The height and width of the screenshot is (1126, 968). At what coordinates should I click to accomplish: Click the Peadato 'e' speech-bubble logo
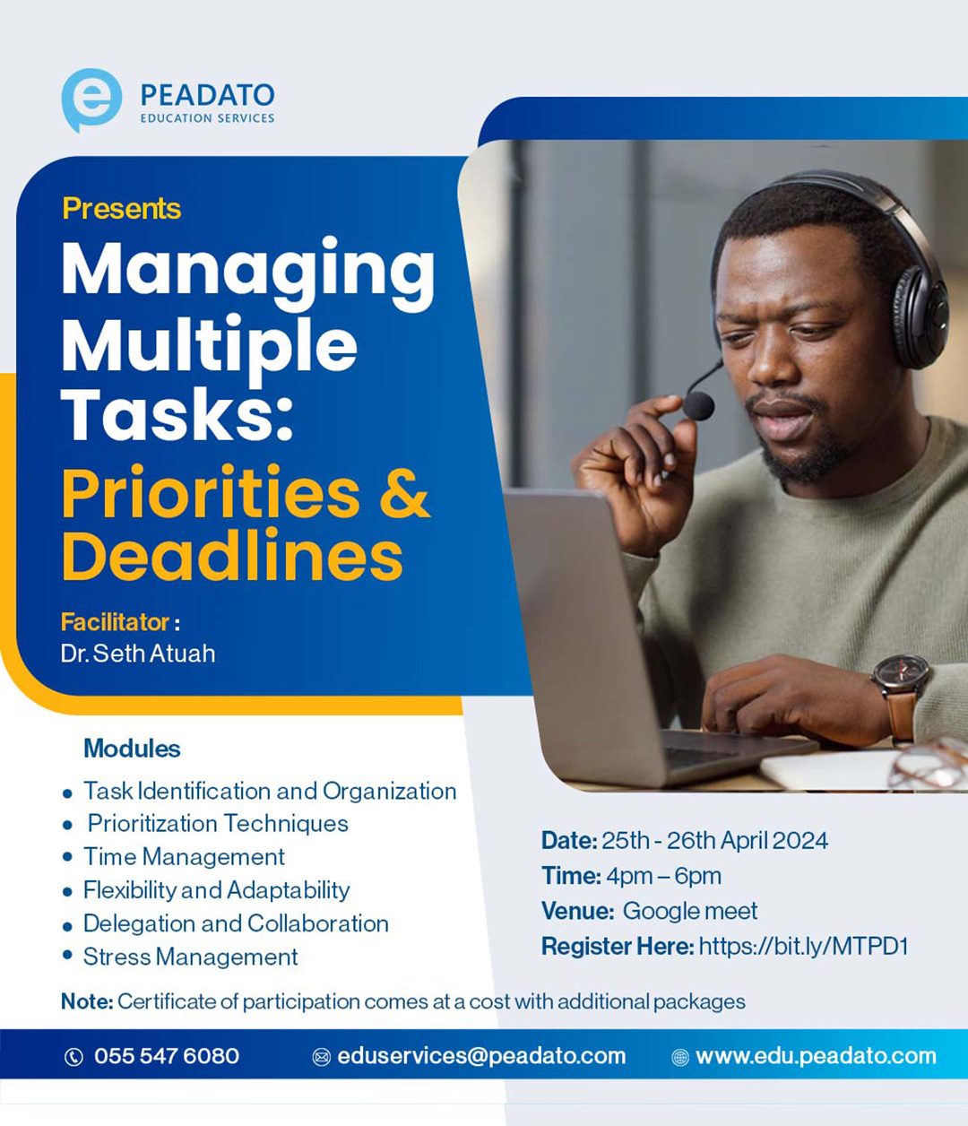pos(91,100)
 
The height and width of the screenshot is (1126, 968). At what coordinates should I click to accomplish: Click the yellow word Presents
pos(122,208)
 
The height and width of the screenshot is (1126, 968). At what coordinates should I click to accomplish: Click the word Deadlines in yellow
pos(233,556)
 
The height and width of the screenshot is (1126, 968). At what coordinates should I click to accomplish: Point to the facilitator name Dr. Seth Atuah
pos(138,654)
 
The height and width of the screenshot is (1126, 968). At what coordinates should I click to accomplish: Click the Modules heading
pos(132,749)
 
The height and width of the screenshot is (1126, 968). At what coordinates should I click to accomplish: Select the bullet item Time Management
pos(184,857)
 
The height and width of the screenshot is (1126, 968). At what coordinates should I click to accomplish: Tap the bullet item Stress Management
pos(190,957)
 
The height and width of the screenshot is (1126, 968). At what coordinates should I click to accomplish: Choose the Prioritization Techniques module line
pos(218,824)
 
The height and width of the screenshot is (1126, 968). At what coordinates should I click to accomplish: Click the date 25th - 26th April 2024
pos(714,841)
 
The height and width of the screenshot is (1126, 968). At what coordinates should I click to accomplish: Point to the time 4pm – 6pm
pos(663,876)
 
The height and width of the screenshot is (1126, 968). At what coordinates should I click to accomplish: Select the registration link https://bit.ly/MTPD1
pos(803,946)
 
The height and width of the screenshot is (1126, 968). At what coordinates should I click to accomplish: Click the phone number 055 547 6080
pos(167,1056)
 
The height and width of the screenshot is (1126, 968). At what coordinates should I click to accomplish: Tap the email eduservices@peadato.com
pos(481,1056)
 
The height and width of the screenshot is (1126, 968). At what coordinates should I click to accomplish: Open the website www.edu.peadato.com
pos(816,1056)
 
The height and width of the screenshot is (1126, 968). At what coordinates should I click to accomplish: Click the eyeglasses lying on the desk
pos(929,763)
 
